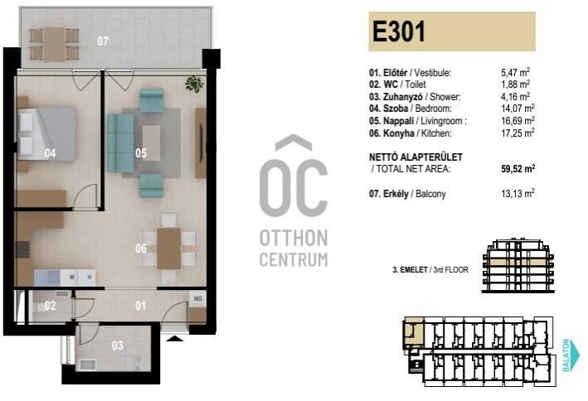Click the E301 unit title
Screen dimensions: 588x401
pos(399,31)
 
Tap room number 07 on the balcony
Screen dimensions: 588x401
pos(102,41)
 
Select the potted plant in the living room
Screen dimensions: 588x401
pos(194,84)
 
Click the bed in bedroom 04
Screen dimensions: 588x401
pos(46,134)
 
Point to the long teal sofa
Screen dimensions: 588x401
pos(120,143)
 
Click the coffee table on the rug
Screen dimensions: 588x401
pos(151,143)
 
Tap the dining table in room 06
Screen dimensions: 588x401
pos(168,249)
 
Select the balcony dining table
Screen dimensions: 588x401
pos(55,44)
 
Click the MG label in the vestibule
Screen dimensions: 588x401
pos(197,299)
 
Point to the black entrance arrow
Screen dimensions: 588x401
pos(175,338)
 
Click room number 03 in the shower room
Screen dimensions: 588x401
pos(118,345)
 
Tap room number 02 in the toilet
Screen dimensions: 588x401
pos(50,306)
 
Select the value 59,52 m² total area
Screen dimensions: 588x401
pos(518,168)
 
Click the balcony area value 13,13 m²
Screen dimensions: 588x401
pos(518,193)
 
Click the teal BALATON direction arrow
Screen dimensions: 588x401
pos(571,355)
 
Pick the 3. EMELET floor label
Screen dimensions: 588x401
pos(410,269)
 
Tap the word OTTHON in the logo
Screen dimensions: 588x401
pos(294,239)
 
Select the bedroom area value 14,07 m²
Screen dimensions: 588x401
pos(518,109)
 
